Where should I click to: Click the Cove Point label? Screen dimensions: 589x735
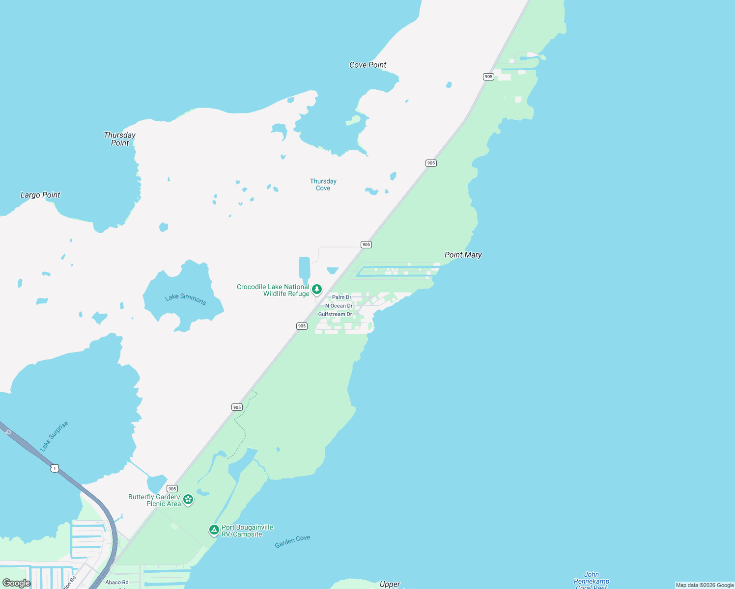click(367, 65)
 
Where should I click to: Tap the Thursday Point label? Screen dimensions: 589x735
click(119, 139)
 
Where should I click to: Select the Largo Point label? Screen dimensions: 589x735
click(40, 195)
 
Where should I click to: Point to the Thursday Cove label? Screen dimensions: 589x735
click(323, 185)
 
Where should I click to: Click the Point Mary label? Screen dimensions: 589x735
click(463, 255)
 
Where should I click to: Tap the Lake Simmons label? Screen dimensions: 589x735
click(186, 298)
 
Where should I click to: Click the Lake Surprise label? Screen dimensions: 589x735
click(54, 436)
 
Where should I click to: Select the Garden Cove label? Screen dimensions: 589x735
click(292, 541)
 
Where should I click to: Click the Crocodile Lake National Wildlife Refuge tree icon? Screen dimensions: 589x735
click(317, 289)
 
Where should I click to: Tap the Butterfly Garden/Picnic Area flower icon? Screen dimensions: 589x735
click(188, 500)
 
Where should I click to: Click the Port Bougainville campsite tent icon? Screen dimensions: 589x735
click(214, 530)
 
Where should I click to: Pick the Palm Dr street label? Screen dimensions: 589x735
click(341, 297)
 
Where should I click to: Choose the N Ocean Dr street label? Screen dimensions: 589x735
click(339, 306)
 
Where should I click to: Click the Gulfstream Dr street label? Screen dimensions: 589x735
click(335, 314)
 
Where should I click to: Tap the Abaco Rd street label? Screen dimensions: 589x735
click(117, 583)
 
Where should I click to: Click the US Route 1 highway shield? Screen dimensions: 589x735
click(55, 468)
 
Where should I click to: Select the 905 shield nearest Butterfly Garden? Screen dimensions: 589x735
click(172, 488)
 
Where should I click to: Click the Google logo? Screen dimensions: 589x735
click(16, 583)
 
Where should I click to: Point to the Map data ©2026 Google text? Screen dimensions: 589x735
click(705, 585)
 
